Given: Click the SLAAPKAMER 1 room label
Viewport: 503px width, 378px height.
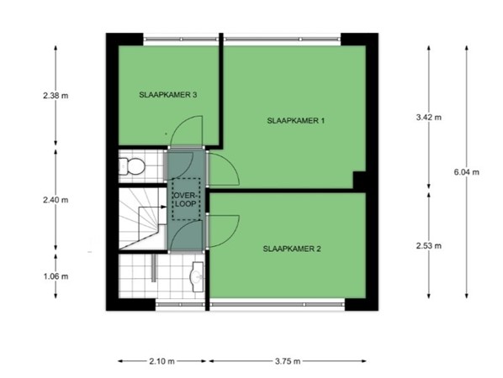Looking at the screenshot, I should click(x=294, y=121).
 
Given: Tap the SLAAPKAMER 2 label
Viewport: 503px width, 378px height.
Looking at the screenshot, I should click(x=291, y=249).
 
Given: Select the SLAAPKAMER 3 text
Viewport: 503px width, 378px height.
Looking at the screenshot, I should click(x=168, y=96).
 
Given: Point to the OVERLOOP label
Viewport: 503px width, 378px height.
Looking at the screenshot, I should click(x=184, y=199).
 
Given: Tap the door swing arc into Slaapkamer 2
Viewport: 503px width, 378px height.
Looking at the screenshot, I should click(x=222, y=231).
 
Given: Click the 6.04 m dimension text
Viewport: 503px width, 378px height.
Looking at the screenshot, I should click(x=466, y=171).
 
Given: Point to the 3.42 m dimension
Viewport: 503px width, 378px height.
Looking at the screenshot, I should click(x=429, y=117).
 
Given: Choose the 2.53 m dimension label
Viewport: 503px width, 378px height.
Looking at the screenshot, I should click(x=429, y=246).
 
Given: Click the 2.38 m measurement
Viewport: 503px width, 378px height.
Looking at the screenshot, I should click(x=56, y=96).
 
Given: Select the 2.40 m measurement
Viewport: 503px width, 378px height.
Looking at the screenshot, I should click(x=56, y=200).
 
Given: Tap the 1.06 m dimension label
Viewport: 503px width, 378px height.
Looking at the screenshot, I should click(x=56, y=276).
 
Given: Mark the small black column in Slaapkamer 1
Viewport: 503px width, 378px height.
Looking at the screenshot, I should click(x=359, y=181).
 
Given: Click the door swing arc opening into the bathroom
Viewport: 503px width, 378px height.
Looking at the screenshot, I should click(x=184, y=239).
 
